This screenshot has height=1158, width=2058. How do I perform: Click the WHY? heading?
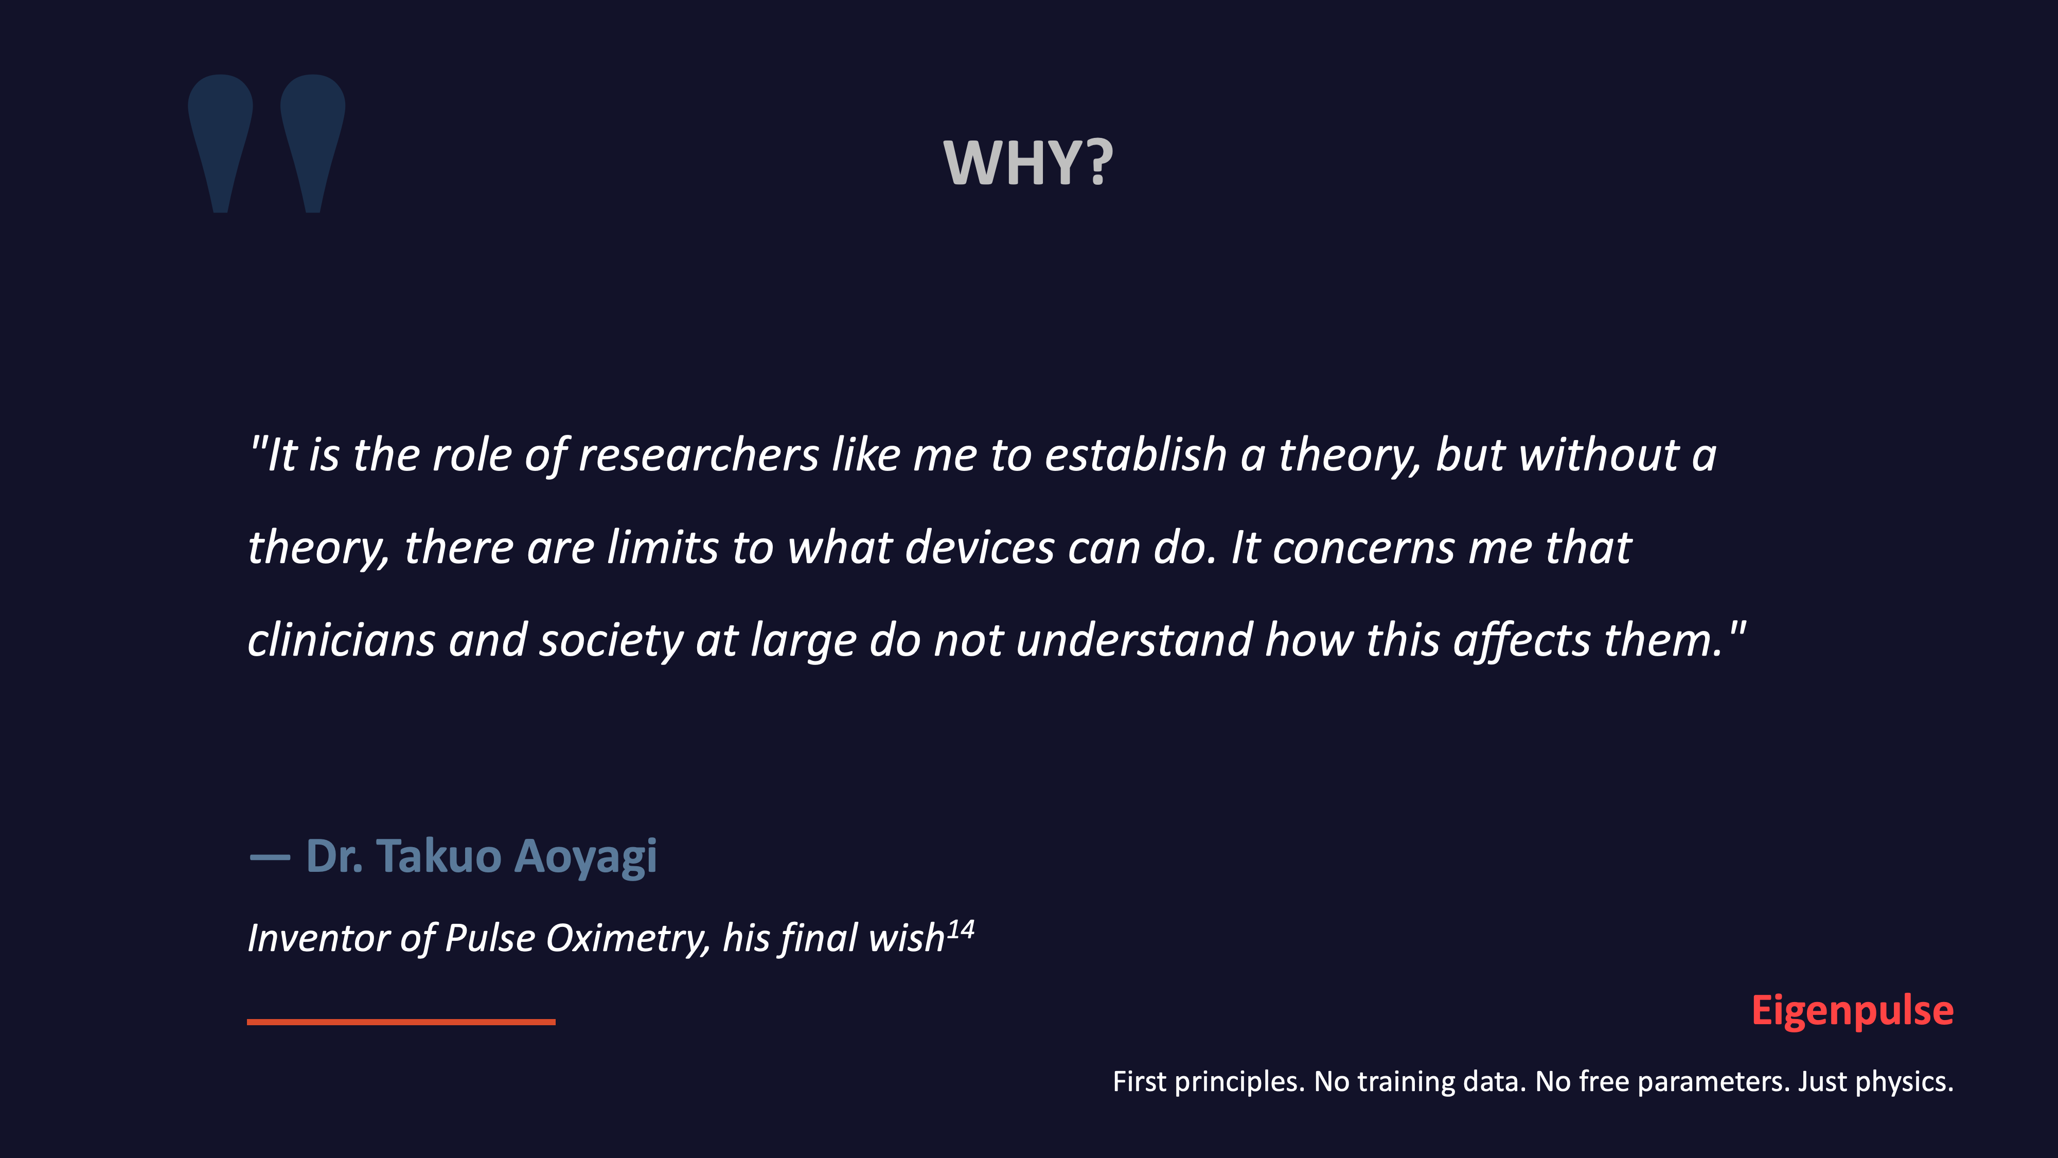pyautogui.click(x=1028, y=163)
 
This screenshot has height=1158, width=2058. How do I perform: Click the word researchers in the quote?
pyautogui.click(x=698, y=455)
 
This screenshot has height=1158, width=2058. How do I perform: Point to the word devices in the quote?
pyautogui.click(x=980, y=548)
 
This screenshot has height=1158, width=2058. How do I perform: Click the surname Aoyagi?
pyautogui.click(x=586, y=857)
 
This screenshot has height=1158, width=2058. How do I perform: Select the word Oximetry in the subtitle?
pyautogui.click(x=627, y=938)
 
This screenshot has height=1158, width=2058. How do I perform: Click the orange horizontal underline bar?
pyautogui.click(x=401, y=1021)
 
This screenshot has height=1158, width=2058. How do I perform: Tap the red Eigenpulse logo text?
pyautogui.click(x=1852, y=1011)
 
